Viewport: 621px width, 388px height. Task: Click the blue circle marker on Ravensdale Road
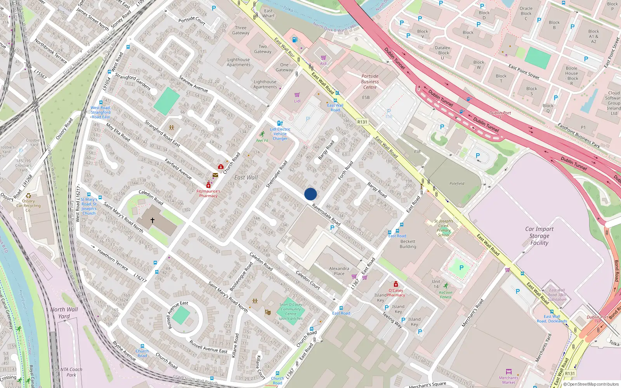point(310,194)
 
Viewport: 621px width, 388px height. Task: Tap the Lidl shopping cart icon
point(297,95)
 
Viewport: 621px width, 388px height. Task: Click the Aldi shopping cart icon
point(323,58)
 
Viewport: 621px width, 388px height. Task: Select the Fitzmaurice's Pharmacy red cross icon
point(208,185)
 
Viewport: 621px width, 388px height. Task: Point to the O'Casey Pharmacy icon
point(395,284)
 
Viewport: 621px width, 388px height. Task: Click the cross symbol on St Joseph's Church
point(153,220)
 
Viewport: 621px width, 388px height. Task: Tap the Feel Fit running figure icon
point(262,134)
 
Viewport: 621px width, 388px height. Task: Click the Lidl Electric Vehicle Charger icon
point(280,123)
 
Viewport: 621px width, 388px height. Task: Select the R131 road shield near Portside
point(362,122)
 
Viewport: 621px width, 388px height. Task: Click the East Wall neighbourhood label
point(246,177)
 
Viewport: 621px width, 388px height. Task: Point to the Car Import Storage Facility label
point(539,236)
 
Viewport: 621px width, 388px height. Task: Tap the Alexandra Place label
point(339,271)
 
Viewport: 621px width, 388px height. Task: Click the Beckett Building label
point(408,244)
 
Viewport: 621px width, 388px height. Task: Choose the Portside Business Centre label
point(369,81)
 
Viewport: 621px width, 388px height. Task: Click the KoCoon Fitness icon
point(446,286)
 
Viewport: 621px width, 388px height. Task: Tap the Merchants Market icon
point(509,372)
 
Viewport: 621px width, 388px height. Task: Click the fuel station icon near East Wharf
point(295,40)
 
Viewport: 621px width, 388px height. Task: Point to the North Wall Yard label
point(64,313)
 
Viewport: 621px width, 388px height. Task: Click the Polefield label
point(457,184)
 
